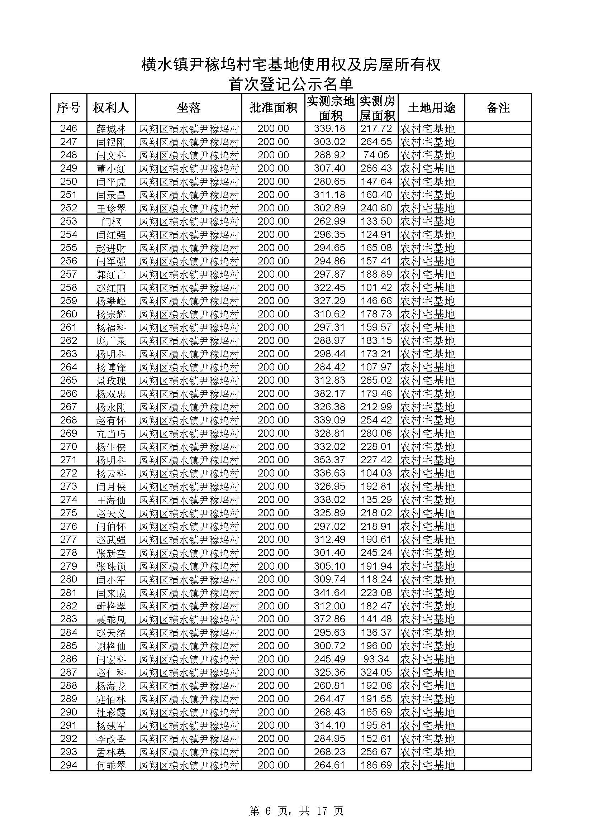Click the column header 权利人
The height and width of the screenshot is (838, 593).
click(111, 108)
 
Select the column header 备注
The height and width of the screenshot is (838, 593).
click(498, 108)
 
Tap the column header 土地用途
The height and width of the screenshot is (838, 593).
click(431, 108)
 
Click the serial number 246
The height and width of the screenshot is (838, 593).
click(68, 129)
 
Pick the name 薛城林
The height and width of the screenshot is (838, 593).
click(111, 129)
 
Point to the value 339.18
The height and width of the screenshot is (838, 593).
click(329, 129)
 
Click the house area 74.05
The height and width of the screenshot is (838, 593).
click(376, 155)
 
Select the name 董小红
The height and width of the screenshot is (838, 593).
click(111, 169)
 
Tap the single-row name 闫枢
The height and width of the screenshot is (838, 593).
click(112, 221)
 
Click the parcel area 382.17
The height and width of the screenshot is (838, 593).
click(329, 393)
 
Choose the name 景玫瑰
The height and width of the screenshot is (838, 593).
click(111, 381)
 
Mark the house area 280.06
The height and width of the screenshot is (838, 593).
click(376, 433)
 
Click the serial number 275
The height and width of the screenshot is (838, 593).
click(68, 513)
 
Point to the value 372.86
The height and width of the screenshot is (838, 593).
click(329, 619)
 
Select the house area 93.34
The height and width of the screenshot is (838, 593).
click(376, 659)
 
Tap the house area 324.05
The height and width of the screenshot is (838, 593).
click(376, 672)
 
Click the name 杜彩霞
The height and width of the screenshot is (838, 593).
click(111, 712)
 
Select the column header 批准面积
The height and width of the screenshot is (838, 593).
click(273, 108)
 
